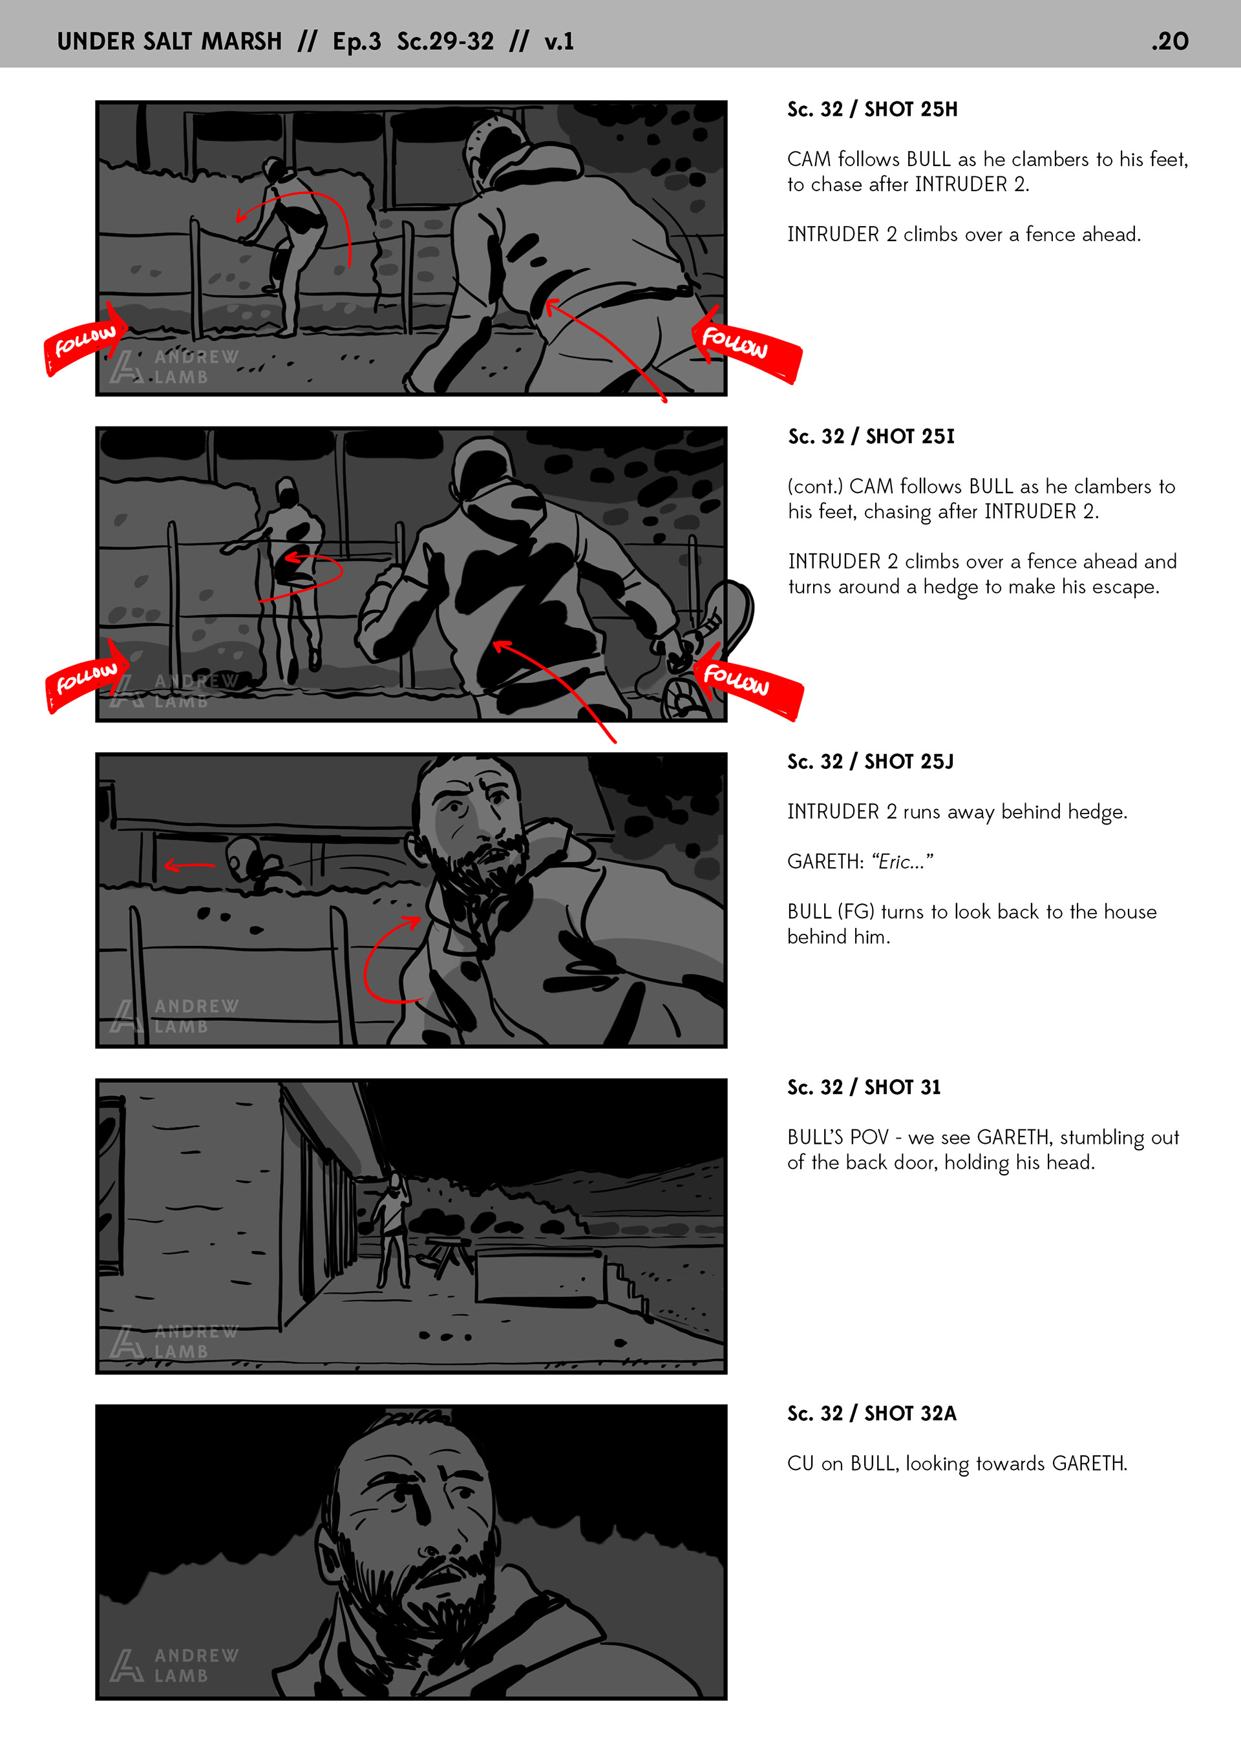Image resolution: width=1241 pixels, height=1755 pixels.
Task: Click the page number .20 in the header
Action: pos(1170,41)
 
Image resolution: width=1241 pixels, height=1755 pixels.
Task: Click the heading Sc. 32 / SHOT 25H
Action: pos(873,109)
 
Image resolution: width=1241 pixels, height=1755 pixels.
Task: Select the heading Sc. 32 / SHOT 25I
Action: pos(872,436)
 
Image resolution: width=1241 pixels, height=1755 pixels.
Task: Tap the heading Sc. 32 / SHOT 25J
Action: pos(871,762)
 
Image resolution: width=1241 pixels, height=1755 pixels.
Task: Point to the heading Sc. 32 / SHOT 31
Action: pos(864,1088)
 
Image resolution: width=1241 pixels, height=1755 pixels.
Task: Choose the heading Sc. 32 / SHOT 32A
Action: pos(872,1414)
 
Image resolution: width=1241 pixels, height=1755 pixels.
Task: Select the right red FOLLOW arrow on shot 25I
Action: pos(747,681)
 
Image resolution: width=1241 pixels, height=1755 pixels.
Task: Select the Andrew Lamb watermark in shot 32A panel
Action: pos(175,1665)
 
